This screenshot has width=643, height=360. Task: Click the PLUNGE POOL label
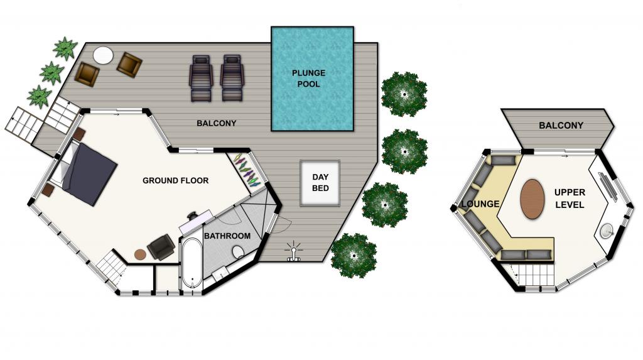[308, 79]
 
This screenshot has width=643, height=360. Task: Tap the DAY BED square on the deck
[320, 183]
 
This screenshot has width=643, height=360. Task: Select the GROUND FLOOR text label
[176, 180]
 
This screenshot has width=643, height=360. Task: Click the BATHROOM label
[227, 236]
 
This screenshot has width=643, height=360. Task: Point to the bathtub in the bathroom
[192, 263]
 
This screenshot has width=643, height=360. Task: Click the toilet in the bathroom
[237, 251]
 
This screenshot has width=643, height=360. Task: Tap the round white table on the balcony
[103, 55]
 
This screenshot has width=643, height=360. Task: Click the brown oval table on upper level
[532, 199]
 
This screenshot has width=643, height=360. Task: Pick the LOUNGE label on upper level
[480, 204]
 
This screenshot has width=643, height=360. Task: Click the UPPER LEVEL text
[570, 199]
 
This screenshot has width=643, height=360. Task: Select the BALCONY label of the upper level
[561, 126]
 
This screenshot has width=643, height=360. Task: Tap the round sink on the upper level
[607, 231]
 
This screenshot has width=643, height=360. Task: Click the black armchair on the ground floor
[161, 247]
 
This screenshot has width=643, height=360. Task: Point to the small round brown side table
[140, 254]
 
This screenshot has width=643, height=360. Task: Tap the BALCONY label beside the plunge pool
[216, 123]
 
